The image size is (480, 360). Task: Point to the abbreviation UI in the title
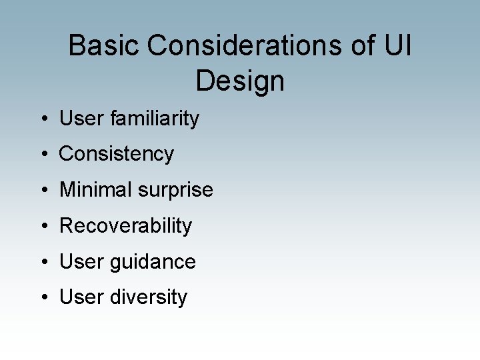click(x=399, y=46)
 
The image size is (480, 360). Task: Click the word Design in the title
click(x=240, y=81)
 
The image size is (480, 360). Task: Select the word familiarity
click(x=155, y=119)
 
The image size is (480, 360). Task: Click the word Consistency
click(x=117, y=154)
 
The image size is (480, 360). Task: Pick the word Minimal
click(x=96, y=190)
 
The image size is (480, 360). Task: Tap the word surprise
click(x=176, y=191)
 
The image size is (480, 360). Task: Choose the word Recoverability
click(x=125, y=226)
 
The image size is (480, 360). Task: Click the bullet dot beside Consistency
click(x=43, y=155)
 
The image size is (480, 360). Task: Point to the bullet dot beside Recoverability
click(x=43, y=227)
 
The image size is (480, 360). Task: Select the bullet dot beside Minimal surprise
click(x=43, y=191)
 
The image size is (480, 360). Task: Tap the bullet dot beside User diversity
click(x=43, y=298)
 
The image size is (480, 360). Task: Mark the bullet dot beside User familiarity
click(x=43, y=119)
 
